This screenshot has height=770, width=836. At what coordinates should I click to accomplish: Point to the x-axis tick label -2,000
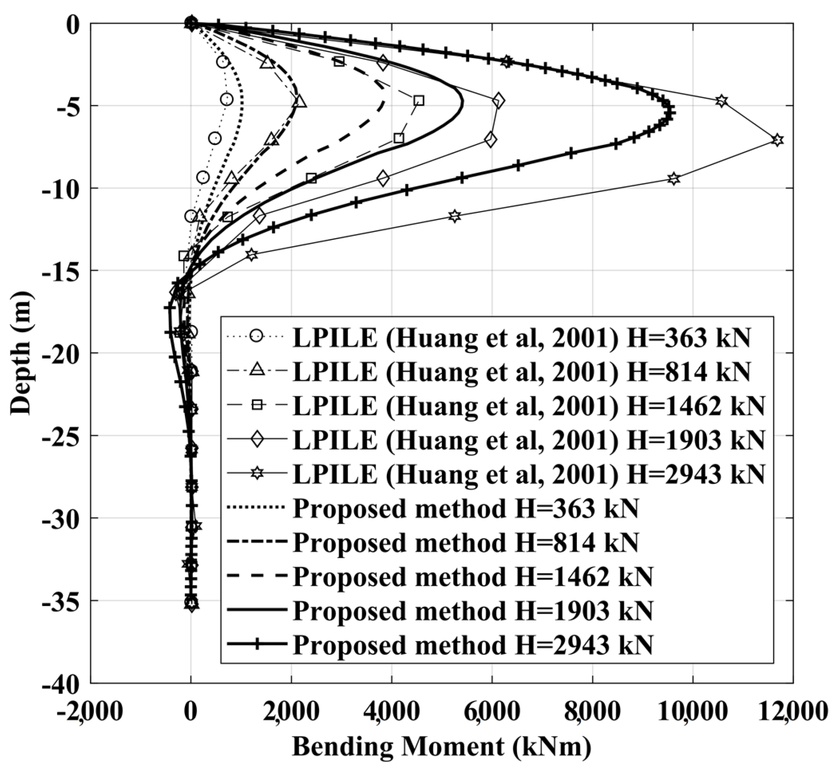[90, 712]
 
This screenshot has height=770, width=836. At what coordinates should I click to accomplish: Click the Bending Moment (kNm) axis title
[441, 747]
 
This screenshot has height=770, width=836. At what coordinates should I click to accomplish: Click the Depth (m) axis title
[21, 353]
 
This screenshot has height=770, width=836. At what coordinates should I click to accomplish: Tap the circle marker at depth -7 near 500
[215, 138]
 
